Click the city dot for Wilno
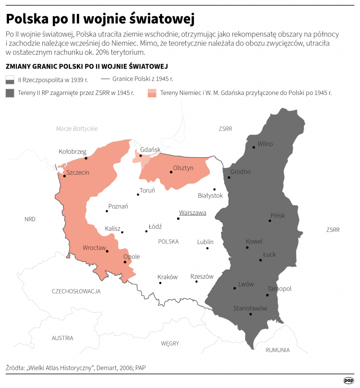click(254, 147)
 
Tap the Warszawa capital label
click(192, 212)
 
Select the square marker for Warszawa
click(178, 219)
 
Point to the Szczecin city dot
click(64, 176)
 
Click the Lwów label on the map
click(246, 284)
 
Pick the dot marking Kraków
click(160, 283)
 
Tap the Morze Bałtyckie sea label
click(77, 129)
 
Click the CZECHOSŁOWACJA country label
click(76, 291)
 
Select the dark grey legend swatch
click(10, 93)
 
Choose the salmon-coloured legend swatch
click(152, 93)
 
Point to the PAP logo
click(348, 380)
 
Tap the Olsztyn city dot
click(170, 172)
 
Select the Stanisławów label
click(250, 308)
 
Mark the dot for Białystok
click(214, 189)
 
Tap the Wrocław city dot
click(107, 251)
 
